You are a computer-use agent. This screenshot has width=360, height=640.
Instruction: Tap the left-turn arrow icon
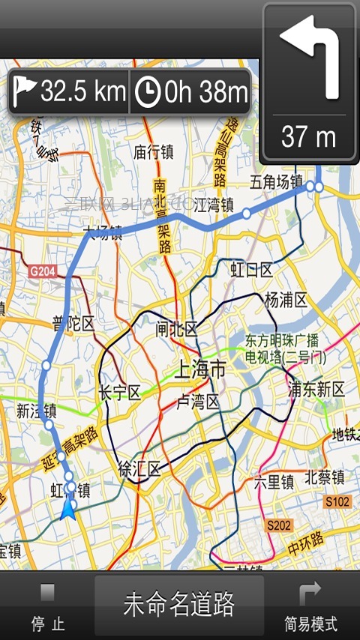pyautogui.click(x=309, y=58)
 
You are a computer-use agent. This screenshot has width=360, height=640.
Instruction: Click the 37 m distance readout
pyautogui.click(x=308, y=137)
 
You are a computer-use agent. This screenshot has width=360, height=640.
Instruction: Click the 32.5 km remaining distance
pyautogui.click(x=82, y=92)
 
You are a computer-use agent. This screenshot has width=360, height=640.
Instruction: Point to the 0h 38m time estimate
pyautogui.click(x=205, y=92)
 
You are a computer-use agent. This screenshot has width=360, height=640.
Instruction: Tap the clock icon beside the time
pyautogui.click(x=148, y=92)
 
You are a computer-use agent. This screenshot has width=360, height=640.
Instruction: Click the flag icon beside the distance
pyautogui.click(x=25, y=92)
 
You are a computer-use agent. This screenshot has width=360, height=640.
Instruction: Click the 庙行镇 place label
pyautogui.click(x=154, y=152)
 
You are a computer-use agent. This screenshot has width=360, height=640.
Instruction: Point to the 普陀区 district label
pyautogui.click(x=73, y=324)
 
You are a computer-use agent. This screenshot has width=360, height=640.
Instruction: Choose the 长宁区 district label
pyautogui.click(x=120, y=393)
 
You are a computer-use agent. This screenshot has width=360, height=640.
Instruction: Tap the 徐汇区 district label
pyautogui.click(x=139, y=470)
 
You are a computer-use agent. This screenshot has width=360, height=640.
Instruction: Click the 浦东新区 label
pyautogui.click(x=316, y=389)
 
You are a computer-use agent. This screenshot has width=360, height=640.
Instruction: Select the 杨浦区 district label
pyautogui.click(x=286, y=301)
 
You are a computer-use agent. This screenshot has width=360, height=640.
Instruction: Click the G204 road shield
pyautogui.click(x=43, y=271)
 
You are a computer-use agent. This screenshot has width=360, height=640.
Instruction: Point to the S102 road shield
pyautogui.click(x=337, y=501)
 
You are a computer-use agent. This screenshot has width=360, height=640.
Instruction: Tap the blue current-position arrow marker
pyautogui.click(x=68, y=511)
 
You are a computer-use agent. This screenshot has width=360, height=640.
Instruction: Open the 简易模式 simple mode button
pyautogui.click(x=310, y=607)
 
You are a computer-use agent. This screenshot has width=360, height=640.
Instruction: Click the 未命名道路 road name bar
pyautogui.click(x=178, y=604)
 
